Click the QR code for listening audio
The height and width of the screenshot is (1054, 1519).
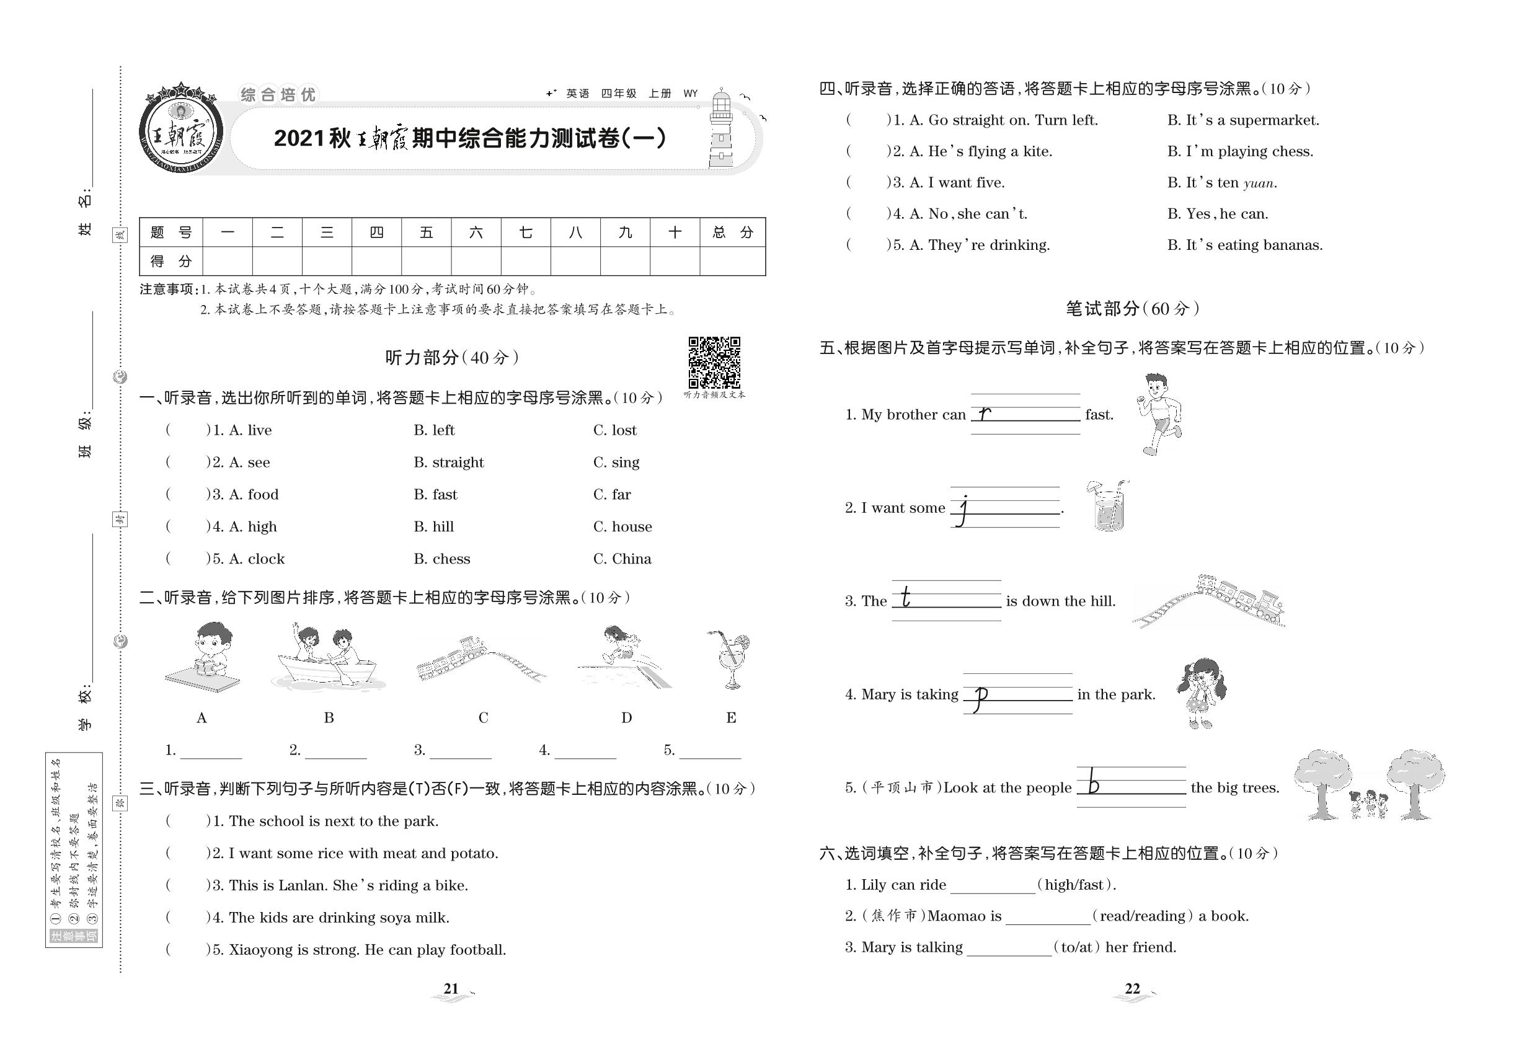coord(714,363)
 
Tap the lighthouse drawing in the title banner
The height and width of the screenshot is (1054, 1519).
coord(721,130)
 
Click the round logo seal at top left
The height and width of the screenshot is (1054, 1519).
coord(181,128)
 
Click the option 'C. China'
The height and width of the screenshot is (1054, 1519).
coord(621,559)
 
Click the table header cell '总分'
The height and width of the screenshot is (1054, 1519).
coord(732,232)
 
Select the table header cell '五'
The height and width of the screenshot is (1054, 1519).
coord(426,232)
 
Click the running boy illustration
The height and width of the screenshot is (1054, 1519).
coord(1159,414)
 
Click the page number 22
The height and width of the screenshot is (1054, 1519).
coord(1132,989)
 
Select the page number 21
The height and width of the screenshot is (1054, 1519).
coord(451,989)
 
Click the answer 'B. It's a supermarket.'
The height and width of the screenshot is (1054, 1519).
coord(1242,120)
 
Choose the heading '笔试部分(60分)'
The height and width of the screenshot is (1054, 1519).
coord(1132,308)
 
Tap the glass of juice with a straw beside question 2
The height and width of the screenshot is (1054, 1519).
coord(1107,507)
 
